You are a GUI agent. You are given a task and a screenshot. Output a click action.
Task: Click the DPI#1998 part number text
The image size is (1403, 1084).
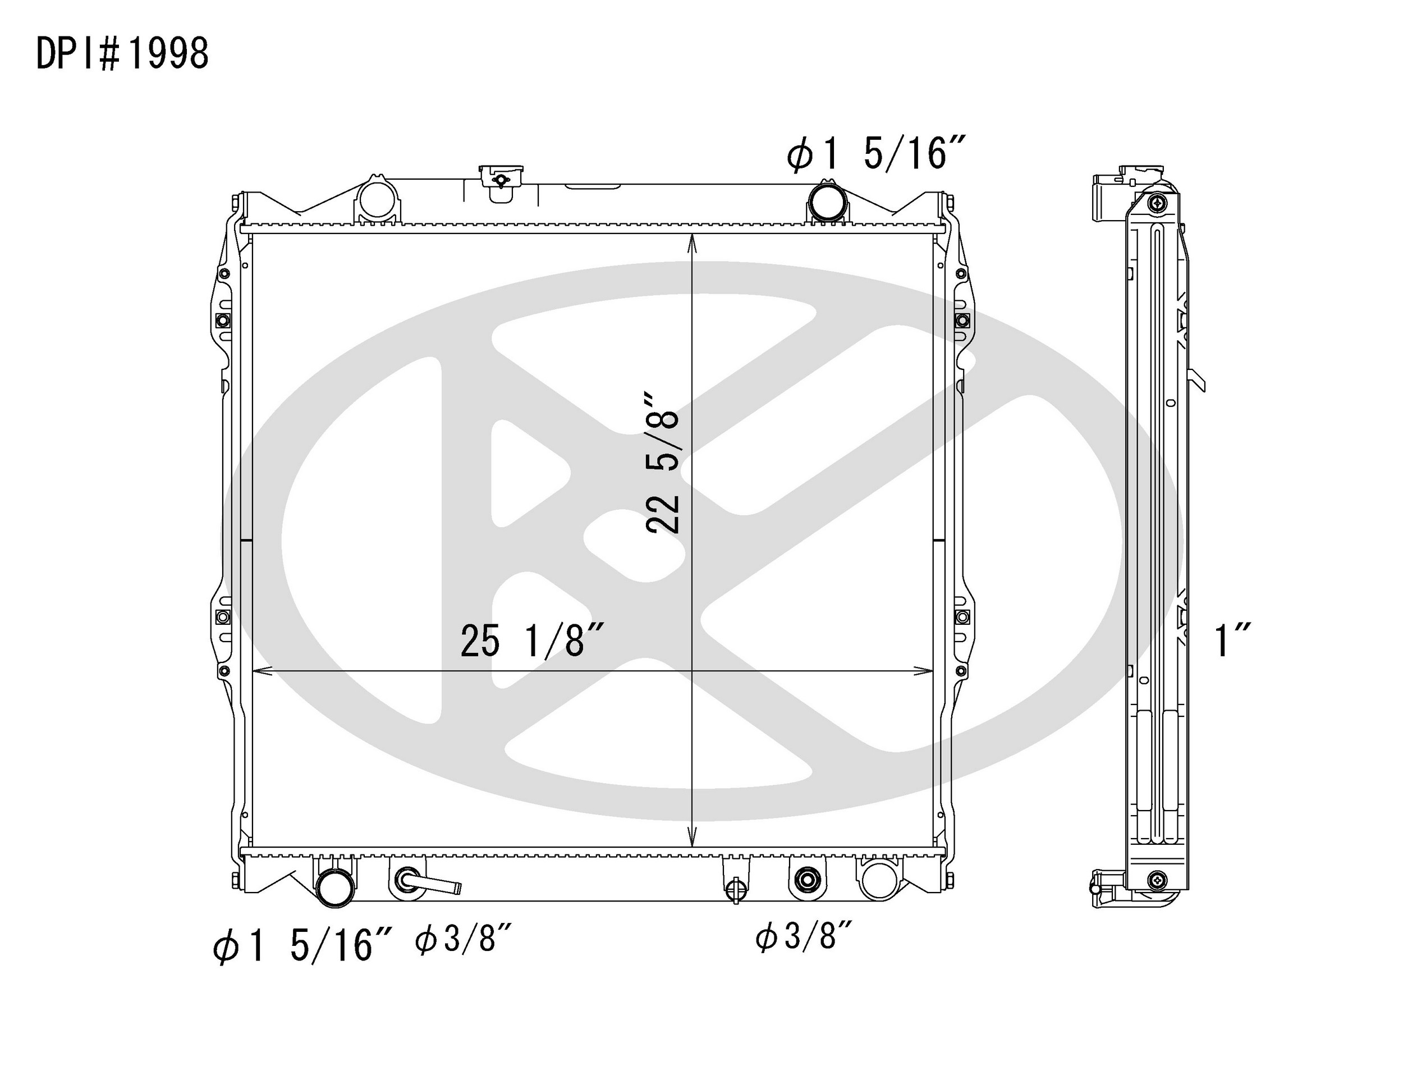point(122,53)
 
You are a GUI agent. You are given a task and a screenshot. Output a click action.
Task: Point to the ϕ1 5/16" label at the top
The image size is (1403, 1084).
point(875,155)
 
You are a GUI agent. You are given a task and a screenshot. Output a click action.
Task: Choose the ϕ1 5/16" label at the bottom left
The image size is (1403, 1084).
point(302,946)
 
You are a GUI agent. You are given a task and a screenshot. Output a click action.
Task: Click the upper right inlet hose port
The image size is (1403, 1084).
point(827,201)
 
